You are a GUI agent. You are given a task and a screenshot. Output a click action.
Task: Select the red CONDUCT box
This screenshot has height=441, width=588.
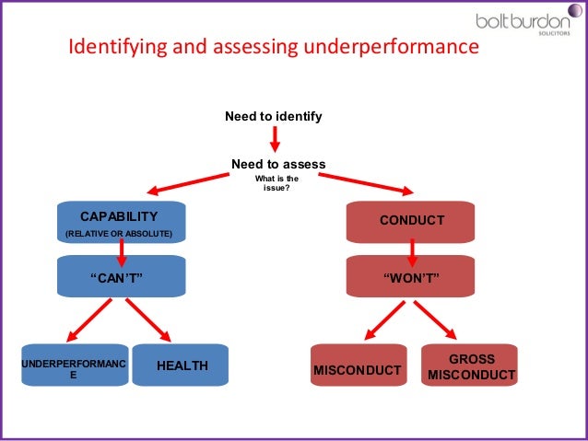[411, 221]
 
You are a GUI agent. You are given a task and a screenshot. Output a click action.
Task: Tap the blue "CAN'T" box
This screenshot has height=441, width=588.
[121, 276]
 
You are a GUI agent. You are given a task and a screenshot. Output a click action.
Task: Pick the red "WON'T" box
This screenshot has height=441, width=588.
[411, 275]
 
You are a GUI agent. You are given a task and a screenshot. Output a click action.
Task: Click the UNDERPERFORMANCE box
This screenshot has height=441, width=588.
[74, 366]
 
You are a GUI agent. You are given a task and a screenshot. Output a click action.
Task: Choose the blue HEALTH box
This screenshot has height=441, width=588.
[181, 366]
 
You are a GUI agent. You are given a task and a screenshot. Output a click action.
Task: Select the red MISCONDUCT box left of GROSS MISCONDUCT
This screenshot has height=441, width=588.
[359, 369]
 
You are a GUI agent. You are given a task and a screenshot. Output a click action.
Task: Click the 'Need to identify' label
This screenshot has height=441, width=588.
[274, 117]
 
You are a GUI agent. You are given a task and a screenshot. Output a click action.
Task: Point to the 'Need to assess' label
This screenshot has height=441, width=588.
[278, 164]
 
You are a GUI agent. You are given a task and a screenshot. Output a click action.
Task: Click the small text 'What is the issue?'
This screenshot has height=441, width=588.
[277, 183]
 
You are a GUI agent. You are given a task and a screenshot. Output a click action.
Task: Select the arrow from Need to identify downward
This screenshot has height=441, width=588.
[275, 139]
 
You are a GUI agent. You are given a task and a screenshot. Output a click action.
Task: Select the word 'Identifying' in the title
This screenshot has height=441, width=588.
[116, 46]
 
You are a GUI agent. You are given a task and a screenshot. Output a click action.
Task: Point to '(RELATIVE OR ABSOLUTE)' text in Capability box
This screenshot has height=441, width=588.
[118, 234]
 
